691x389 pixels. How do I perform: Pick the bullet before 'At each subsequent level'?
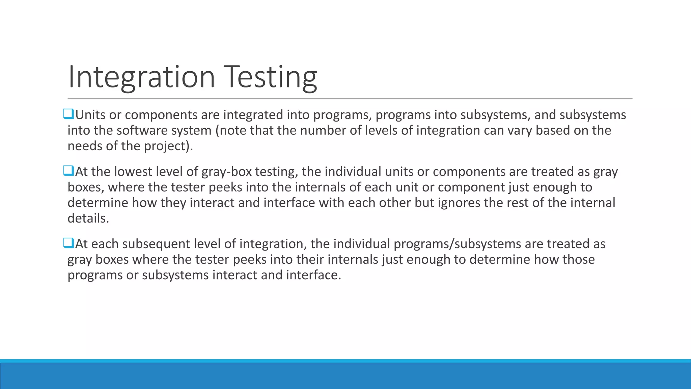68,243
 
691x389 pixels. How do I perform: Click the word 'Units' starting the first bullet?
90,115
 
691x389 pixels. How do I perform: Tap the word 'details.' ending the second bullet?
88,218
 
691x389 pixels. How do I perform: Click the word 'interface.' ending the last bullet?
313,275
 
